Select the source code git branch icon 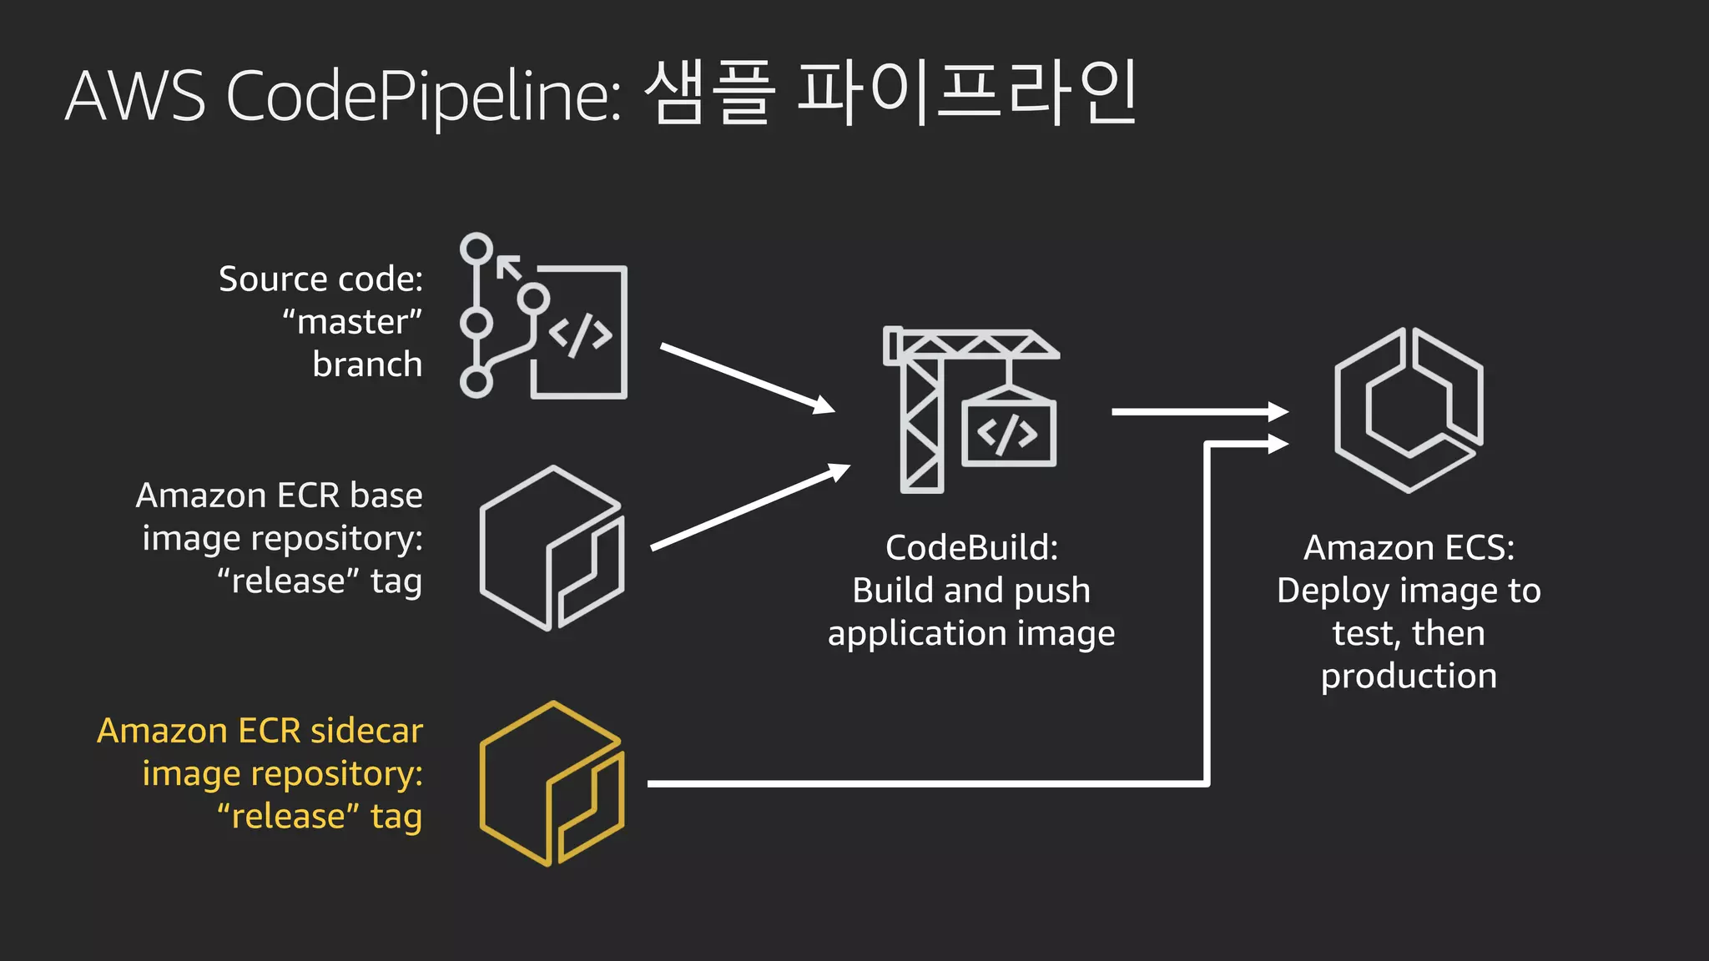(543, 316)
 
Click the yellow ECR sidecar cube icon (552, 783)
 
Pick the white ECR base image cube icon (552, 548)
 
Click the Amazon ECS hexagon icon (1409, 410)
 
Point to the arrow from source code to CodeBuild (747, 378)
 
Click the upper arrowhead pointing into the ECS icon (1278, 411)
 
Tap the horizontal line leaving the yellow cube (918, 783)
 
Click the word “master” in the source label (352, 322)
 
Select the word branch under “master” (367, 365)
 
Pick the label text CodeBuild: (971, 548)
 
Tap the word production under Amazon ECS (1409, 676)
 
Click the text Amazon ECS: (1409, 548)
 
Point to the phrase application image (971, 634)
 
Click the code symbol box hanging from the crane (1008, 433)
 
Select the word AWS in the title (135, 96)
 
